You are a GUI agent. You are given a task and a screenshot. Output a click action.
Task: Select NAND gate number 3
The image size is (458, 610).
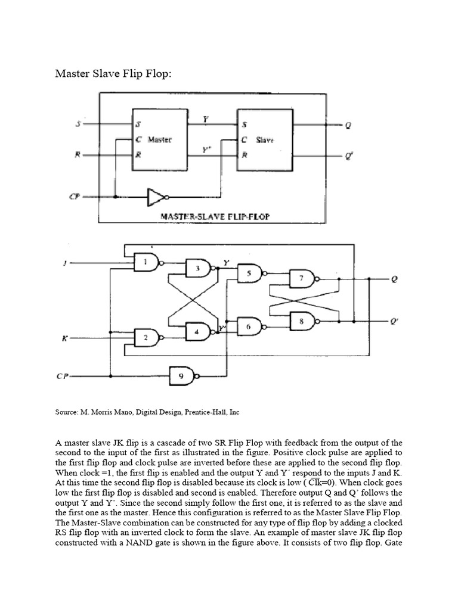197,269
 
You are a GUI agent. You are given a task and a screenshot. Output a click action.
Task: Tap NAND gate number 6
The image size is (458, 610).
249,327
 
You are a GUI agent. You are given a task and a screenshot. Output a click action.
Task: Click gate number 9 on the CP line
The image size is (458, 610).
182,376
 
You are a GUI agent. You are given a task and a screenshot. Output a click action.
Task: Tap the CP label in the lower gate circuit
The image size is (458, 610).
62,376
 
